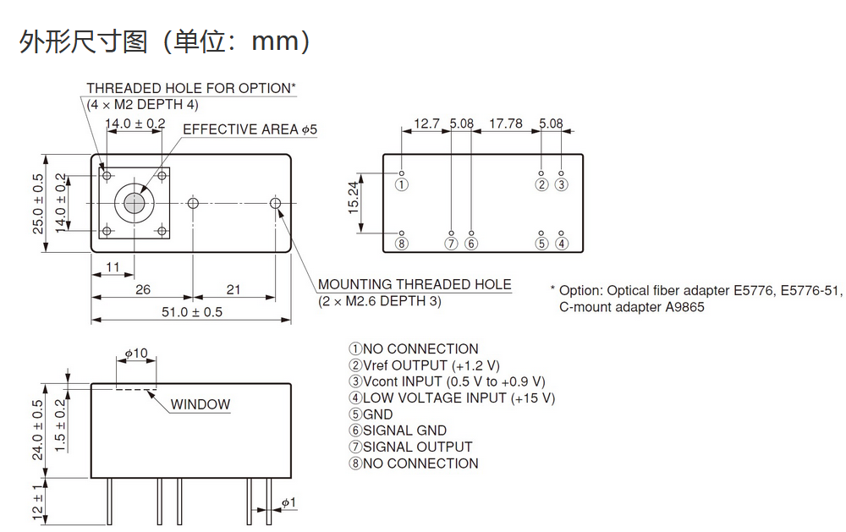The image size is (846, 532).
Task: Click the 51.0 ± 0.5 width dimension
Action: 192,312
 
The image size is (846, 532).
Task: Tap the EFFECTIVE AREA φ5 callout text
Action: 250,129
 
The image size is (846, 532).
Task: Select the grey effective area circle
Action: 135,203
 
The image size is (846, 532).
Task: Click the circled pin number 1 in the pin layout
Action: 401,184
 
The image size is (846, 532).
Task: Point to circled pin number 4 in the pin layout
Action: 562,244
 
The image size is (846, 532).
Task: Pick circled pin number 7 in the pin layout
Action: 451,244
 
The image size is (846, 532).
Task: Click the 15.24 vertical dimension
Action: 354,197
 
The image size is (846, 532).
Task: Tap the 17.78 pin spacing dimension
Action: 506,124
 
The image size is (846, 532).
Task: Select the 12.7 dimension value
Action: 426,124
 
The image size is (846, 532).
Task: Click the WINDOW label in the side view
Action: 201,404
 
